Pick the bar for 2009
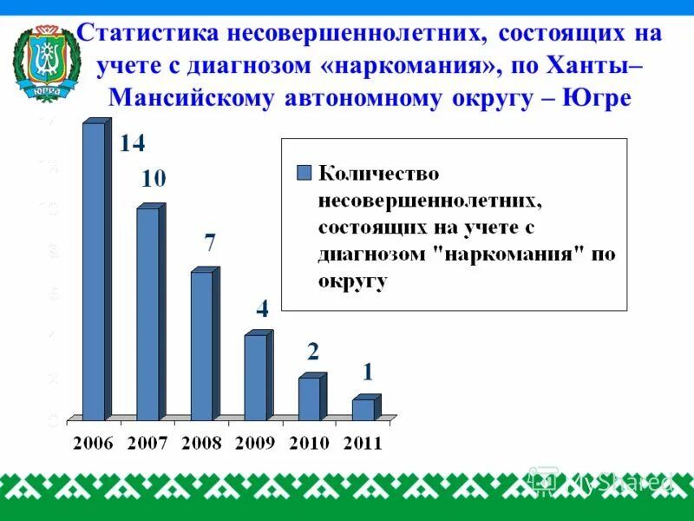click(255, 377)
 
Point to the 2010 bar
click(309, 399)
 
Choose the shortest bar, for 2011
click(363, 409)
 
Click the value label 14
click(132, 144)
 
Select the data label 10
click(154, 180)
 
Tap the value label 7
click(209, 243)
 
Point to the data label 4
click(262, 307)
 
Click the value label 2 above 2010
click(313, 352)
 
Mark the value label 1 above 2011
click(368, 373)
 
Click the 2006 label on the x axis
click(93, 443)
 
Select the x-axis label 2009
click(254, 443)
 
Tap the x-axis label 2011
click(362, 443)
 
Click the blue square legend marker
click(303, 172)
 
